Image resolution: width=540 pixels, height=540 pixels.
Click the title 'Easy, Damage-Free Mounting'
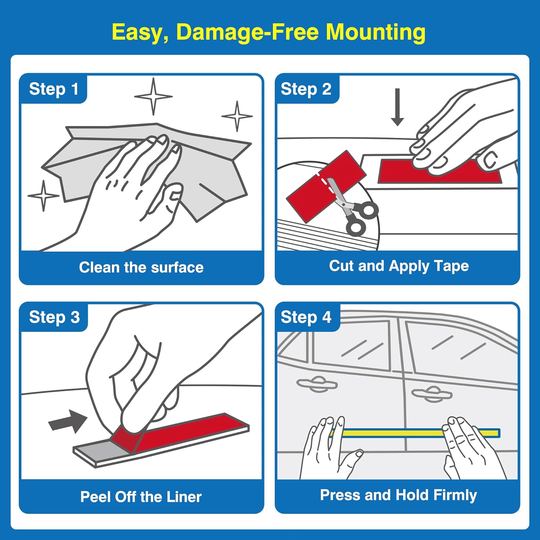click(x=269, y=32)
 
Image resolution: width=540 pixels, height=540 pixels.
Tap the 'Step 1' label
click(x=54, y=89)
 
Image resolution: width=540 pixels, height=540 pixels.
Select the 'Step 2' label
click(x=306, y=89)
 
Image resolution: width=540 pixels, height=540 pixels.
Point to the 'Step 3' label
click(x=54, y=318)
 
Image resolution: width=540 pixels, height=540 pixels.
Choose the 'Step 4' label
click(x=306, y=318)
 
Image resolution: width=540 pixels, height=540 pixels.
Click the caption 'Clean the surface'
click(x=141, y=267)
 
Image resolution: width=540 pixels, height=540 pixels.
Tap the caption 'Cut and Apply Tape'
click(x=399, y=266)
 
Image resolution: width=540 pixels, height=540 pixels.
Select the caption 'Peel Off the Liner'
click(x=141, y=497)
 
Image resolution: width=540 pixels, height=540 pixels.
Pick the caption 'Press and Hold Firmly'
click(x=399, y=495)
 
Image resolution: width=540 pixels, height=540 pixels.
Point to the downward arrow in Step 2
click(x=397, y=107)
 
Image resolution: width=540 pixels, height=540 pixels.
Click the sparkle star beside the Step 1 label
click(x=153, y=96)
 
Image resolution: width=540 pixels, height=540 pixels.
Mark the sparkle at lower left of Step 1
click(x=44, y=196)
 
